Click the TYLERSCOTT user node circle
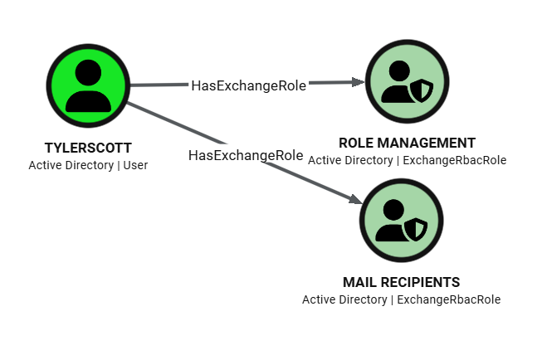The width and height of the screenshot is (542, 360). (x=88, y=85)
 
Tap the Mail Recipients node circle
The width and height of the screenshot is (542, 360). (x=400, y=221)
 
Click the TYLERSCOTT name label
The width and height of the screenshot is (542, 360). (x=88, y=148)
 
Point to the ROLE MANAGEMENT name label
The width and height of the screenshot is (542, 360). (x=407, y=143)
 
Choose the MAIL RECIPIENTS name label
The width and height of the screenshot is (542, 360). (x=401, y=282)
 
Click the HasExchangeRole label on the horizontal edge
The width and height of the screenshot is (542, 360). (x=248, y=85)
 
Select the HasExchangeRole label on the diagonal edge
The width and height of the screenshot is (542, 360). (x=246, y=155)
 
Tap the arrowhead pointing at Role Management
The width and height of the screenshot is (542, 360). (x=359, y=82)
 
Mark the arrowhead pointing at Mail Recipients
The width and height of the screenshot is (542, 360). (x=354, y=199)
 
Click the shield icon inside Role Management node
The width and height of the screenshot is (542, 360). (x=423, y=90)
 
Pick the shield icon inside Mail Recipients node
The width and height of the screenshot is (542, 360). (x=417, y=230)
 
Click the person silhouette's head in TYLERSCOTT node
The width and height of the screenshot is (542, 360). (x=88, y=71)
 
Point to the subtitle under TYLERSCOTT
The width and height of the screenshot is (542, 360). (x=88, y=165)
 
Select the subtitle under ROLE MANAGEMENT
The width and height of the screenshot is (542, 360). (x=407, y=159)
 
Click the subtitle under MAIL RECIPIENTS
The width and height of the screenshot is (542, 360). (x=401, y=299)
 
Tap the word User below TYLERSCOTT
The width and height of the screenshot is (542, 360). (x=134, y=165)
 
